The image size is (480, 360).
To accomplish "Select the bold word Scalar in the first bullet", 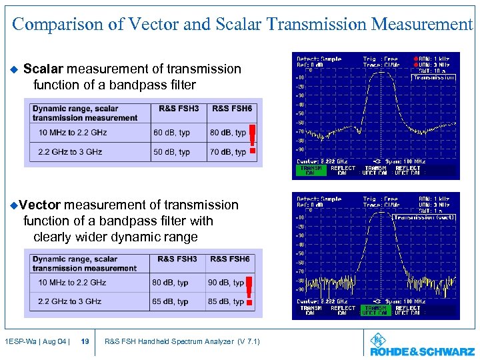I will pyautogui.click(x=43, y=69).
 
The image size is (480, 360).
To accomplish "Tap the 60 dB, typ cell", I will pyautogui.click(x=171, y=133).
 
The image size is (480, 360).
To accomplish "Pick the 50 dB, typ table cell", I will pyautogui.click(x=171, y=152).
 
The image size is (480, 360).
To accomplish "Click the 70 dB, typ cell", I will pyautogui.click(x=227, y=152).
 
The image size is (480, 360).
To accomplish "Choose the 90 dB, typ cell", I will pyautogui.click(x=226, y=283).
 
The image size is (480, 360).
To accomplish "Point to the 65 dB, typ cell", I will pyautogui.click(x=170, y=301).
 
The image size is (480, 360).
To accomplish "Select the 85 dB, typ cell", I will pyautogui.click(x=226, y=301).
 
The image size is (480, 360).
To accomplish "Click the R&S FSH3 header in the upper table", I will pyautogui.click(x=179, y=109).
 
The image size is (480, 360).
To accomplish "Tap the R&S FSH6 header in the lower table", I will pyautogui.click(x=229, y=259).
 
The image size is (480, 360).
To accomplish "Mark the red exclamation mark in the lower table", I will pyautogui.click(x=249, y=291).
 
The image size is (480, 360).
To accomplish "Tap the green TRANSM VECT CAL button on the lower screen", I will pyautogui.click(x=375, y=310).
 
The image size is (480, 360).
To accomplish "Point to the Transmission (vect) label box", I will pyautogui.click(x=424, y=217).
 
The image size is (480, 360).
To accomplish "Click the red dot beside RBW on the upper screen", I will pyautogui.click(x=416, y=59).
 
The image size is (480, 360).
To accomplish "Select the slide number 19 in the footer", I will pyautogui.click(x=85, y=342).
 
